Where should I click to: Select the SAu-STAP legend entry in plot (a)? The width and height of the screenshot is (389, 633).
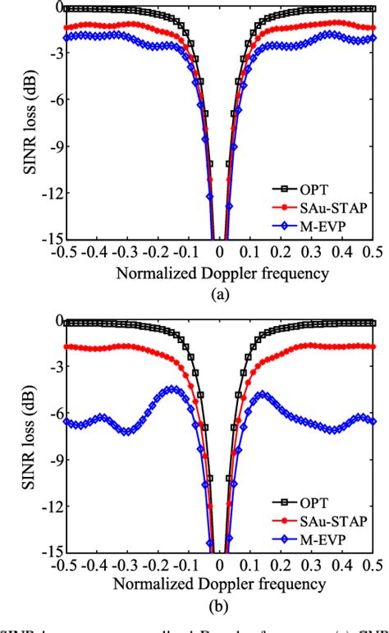(x=332, y=206)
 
